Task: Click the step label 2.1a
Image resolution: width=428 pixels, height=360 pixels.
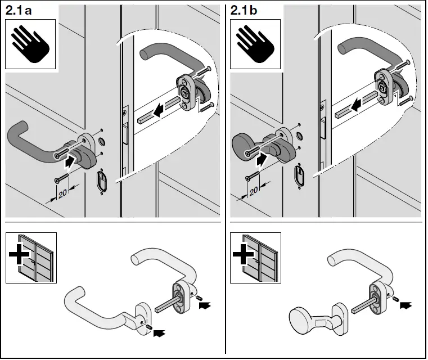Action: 21,9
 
